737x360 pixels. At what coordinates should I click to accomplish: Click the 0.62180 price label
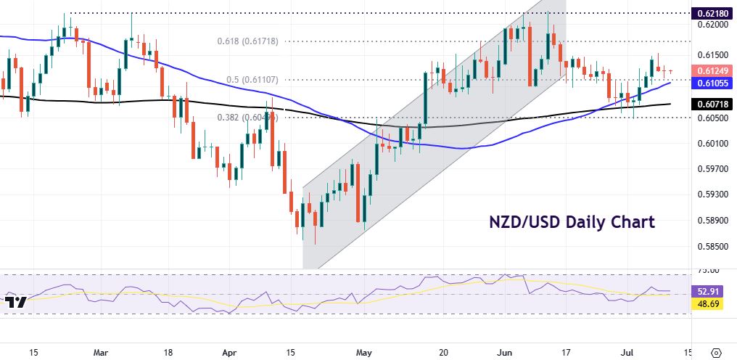click(x=714, y=13)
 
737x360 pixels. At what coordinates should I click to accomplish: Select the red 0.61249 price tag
click(x=714, y=70)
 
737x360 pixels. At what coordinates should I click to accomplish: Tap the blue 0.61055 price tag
click(x=714, y=83)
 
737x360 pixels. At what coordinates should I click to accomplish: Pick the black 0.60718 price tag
click(x=714, y=105)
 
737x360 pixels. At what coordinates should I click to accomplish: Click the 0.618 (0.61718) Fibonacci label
click(x=248, y=41)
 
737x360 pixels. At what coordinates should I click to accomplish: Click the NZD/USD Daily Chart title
click(x=571, y=221)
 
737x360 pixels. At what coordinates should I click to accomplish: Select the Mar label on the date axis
click(x=102, y=353)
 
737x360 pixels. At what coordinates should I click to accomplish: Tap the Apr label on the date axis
click(x=228, y=353)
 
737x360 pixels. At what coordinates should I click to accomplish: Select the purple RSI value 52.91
click(x=714, y=291)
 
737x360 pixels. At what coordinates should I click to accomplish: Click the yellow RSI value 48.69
click(x=714, y=305)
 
